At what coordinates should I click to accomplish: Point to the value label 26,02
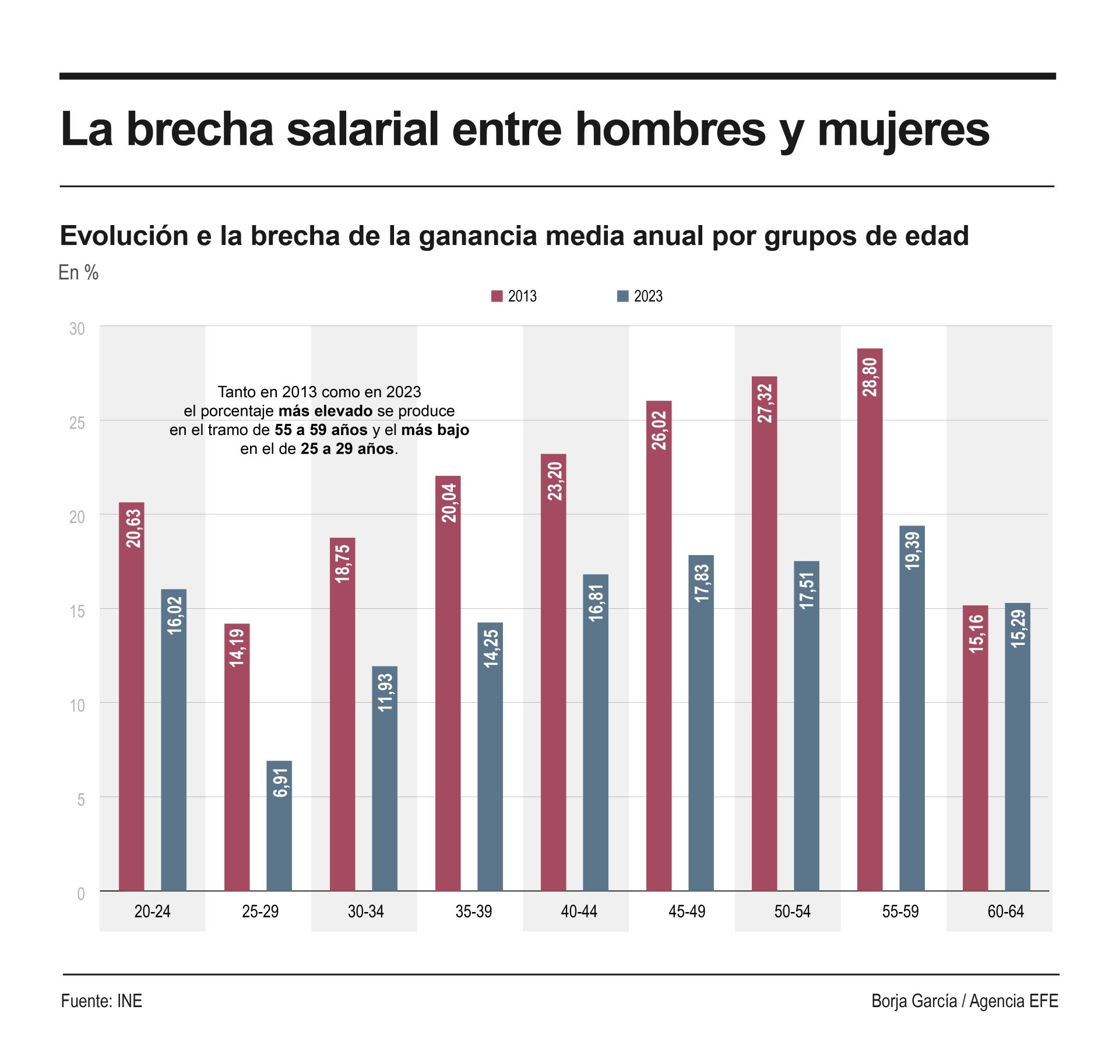659,430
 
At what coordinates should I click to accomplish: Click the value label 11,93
385,692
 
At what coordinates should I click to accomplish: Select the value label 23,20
554,481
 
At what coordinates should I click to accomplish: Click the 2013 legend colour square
497,296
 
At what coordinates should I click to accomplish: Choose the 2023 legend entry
640,296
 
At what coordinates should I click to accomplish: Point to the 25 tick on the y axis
77,423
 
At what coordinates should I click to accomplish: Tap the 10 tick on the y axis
77,706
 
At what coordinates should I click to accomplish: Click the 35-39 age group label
473,911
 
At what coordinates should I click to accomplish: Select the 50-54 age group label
792,911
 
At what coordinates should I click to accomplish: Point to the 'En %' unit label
79,272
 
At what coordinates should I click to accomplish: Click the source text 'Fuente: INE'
101,1001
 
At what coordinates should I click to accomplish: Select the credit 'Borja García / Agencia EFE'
965,1001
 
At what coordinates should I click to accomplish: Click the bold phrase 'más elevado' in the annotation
325,411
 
